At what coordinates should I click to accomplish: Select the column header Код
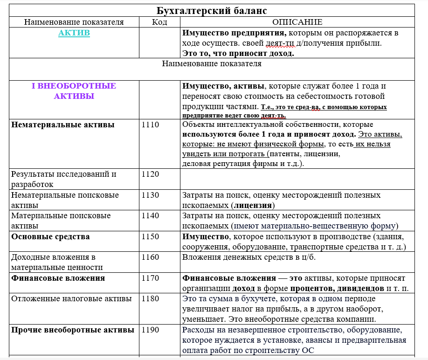(x=159, y=22)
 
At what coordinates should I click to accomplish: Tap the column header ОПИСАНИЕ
(x=297, y=22)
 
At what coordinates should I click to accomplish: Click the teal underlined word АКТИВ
(x=74, y=33)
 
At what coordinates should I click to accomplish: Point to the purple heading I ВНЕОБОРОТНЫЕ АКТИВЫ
(x=74, y=91)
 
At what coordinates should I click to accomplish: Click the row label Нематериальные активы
(x=63, y=125)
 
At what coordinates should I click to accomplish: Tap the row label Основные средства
(x=51, y=236)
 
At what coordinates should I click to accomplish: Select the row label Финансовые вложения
(x=58, y=278)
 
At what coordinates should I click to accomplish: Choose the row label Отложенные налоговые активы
(x=71, y=298)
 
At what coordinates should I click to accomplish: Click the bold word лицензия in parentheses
(x=253, y=205)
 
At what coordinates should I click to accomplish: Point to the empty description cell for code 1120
(x=297, y=179)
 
